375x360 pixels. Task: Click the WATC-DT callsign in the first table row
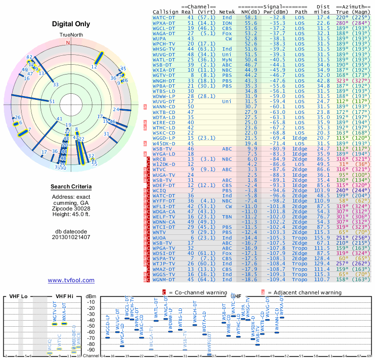[163, 17]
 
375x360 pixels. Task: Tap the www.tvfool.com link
[71, 280]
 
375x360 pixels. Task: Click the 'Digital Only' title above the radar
[71, 24]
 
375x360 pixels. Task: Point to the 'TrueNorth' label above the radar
[71, 36]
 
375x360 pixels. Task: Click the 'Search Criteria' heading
[71, 187]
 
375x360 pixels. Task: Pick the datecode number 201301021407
[71, 237]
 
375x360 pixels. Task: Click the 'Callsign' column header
[166, 12]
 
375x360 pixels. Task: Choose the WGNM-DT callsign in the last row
[163, 280]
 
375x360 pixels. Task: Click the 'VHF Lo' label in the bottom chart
[18, 297]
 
